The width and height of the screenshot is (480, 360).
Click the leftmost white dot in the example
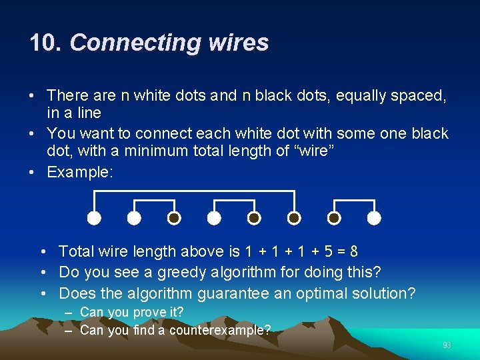[94, 218]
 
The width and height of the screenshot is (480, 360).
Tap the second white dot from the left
[134, 218]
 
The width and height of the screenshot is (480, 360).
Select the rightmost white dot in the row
[375, 218]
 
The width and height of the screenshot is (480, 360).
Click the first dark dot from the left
[174, 218]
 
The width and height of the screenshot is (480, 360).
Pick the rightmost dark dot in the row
[335, 218]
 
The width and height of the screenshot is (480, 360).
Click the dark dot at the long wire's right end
[294, 218]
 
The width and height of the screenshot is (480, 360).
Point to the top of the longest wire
[194, 191]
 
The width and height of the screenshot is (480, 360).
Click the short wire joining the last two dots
[355, 200]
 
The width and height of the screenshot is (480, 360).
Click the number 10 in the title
[44, 43]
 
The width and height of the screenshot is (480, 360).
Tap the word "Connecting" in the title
[135, 43]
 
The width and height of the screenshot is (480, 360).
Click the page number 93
[447, 345]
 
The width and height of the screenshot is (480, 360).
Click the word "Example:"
[80, 172]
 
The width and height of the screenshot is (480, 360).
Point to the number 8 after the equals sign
[353, 251]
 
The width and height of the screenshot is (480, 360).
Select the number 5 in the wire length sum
[322, 251]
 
